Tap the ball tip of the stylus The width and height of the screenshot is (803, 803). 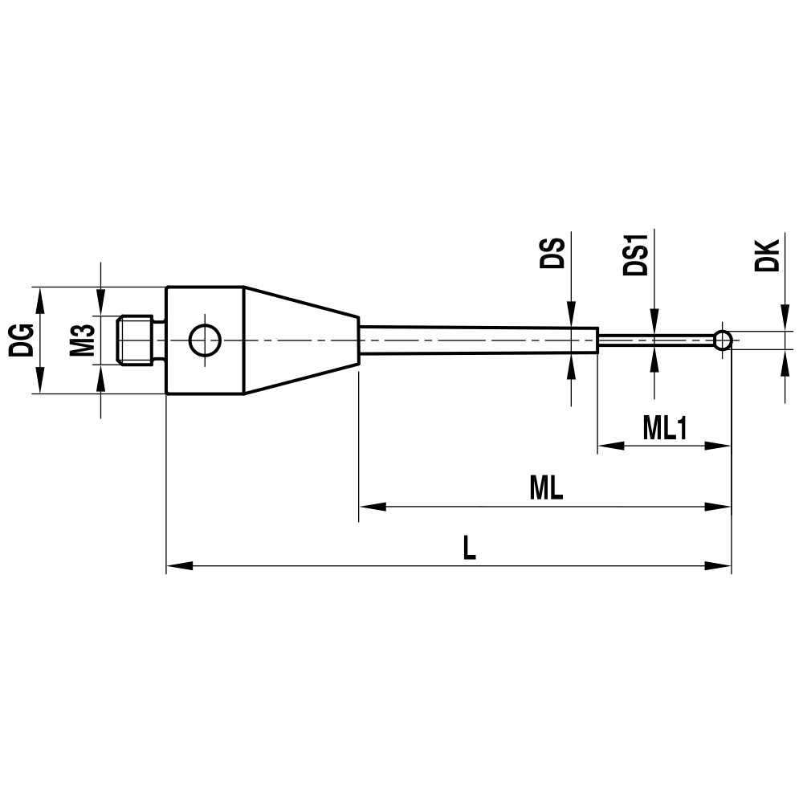(723, 340)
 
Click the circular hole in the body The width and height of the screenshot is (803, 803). (205, 340)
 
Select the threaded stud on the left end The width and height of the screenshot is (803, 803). (137, 340)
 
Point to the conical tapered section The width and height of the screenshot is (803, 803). (301, 340)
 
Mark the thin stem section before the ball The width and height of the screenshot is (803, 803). (654, 340)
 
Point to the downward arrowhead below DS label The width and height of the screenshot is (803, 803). (571, 315)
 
